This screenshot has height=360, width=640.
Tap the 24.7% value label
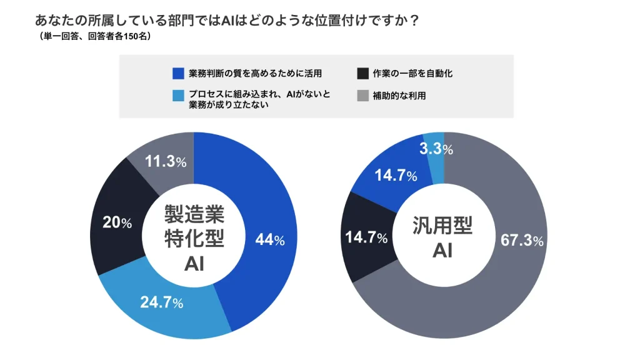click(161, 303)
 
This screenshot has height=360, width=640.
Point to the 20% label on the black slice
click(117, 223)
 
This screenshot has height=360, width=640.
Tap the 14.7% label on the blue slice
click(396, 176)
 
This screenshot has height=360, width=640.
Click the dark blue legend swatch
click(178, 74)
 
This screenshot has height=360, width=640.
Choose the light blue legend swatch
click(178, 96)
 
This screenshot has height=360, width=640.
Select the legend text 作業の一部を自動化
click(412, 74)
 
